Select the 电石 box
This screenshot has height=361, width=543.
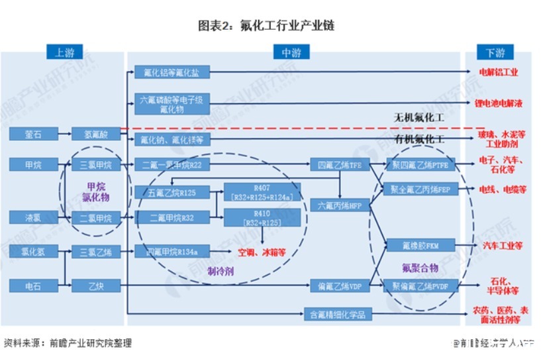(x=32, y=285)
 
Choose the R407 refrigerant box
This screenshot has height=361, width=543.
(x=262, y=191)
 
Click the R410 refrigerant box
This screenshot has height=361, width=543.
(x=262, y=218)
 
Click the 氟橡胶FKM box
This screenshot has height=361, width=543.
(x=419, y=246)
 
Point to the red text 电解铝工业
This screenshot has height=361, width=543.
(x=499, y=72)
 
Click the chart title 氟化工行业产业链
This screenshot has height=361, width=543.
(x=271, y=26)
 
